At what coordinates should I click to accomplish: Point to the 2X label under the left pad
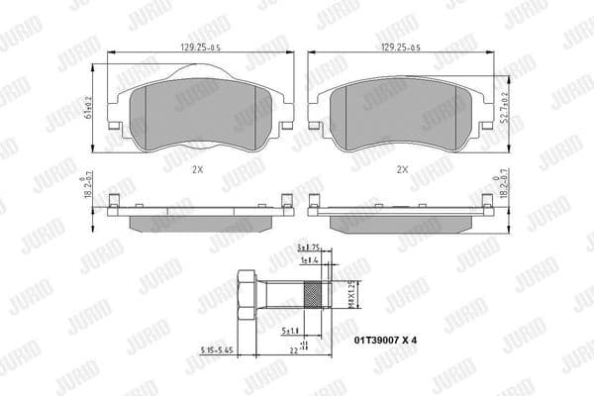pyautogui.click(x=197, y=168)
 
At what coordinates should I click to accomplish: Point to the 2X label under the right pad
pyautogui.click(x=401, y=168)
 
